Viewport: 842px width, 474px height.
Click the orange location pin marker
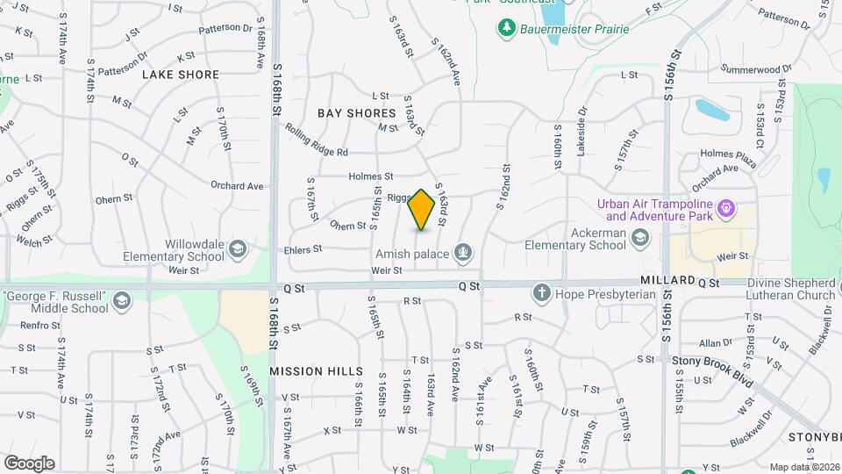(422, 210)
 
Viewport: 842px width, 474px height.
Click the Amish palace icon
(461, 254)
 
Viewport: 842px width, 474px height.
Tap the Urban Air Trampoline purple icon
(725, 209)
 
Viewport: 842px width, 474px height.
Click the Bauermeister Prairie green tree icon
(506, 29)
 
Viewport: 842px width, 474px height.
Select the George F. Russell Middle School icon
(121, 303)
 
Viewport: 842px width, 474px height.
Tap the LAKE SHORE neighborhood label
(180, 75)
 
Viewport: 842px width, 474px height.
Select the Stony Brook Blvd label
(713, 361)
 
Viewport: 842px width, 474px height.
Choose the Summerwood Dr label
(756, 68)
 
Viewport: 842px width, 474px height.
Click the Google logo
(29, 463)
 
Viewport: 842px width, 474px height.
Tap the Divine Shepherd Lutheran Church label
(791, 289)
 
